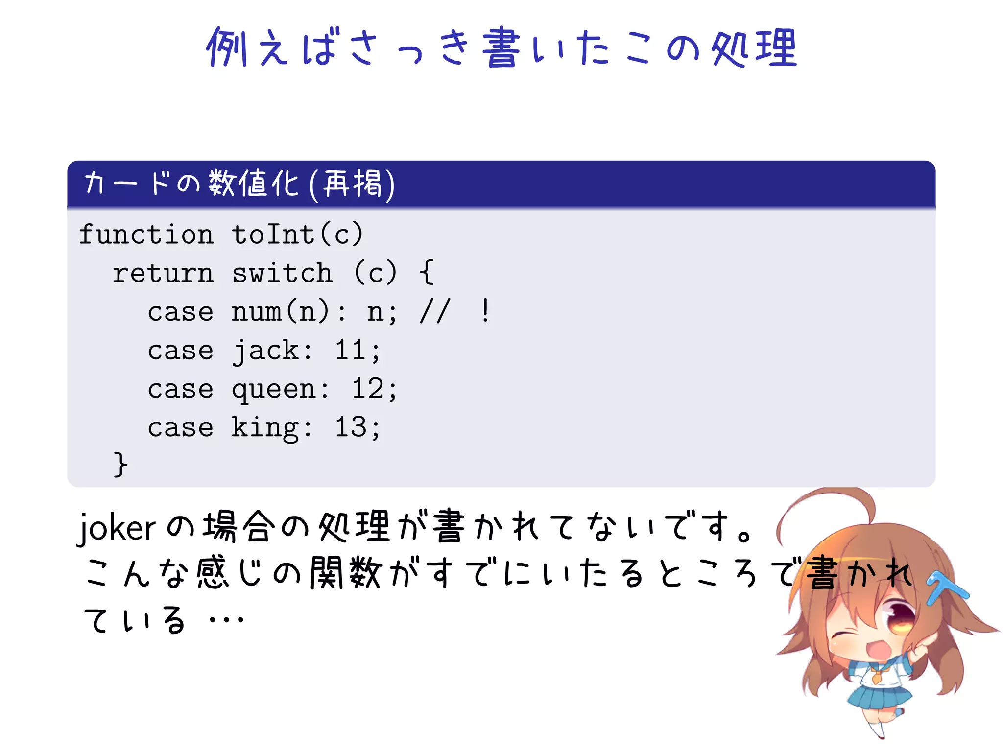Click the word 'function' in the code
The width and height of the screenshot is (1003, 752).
point(146,235)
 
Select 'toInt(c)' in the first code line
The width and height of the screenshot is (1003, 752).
point(297,235)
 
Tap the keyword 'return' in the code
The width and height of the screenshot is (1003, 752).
point(163,273)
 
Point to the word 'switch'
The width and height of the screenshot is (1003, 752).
point(282,273)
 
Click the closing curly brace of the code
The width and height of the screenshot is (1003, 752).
point(120,464)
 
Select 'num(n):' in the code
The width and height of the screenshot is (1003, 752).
point(289,312)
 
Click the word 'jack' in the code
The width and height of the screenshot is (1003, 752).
point(265,351)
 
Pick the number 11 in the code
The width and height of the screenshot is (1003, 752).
point(350,351)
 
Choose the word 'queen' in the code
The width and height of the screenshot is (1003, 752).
point(274,390)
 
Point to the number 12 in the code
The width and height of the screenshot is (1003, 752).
point(367,389)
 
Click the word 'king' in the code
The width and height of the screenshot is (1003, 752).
point(265,428)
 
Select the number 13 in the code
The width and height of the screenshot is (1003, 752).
point(350,427)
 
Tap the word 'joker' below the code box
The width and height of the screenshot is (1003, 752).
point(117,528)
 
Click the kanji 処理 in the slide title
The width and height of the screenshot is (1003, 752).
point(754,47)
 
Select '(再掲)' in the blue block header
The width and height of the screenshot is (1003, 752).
point(352,184)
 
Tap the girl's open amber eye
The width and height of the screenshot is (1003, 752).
point(900,617)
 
